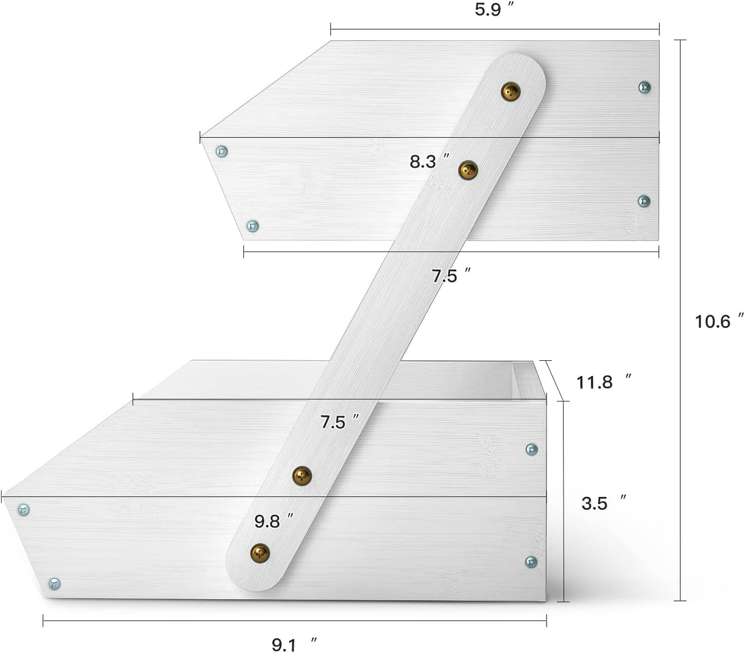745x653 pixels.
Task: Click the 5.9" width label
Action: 494,9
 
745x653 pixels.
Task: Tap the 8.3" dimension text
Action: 429,161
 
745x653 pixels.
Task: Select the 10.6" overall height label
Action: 719,321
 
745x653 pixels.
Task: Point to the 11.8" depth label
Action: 603,382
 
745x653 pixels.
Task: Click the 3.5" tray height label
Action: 604,503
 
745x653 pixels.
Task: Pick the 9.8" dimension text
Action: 274,521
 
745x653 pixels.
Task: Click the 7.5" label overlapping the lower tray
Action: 339,422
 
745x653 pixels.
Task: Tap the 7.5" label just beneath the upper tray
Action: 451,275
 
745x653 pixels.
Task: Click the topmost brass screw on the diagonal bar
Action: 511,92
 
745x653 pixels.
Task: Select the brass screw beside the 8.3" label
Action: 468,170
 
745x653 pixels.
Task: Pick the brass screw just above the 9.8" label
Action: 302,476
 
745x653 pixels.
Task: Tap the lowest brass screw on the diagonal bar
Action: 260,553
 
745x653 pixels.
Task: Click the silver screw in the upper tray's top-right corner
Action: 644,87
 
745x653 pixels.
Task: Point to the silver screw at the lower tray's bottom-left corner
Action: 55,583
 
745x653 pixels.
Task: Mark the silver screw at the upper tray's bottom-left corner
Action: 252,226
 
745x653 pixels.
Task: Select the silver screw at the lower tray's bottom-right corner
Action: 531,562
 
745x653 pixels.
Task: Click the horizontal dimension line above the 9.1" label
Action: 294,621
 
